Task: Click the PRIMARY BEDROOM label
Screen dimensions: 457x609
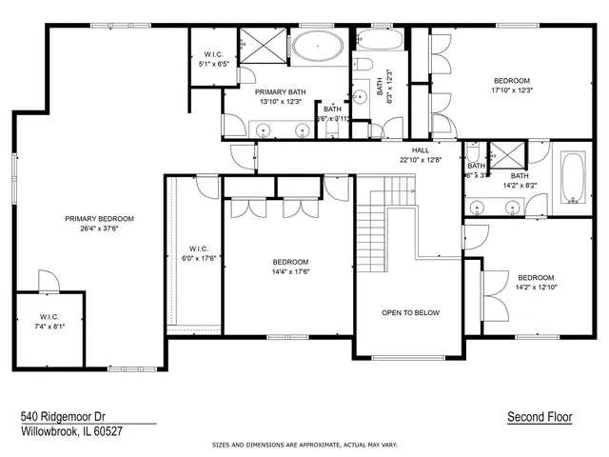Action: click(99, 218)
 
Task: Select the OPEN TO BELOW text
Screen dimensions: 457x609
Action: click(410, 312)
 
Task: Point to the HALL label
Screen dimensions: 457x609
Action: click(421, 150)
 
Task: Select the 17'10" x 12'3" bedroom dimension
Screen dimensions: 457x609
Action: click(511, 90)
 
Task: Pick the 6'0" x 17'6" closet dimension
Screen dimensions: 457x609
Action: click(199, 257)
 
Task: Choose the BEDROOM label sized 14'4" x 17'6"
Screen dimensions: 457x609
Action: click(290, 262)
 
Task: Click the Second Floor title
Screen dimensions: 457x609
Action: click(540, 417)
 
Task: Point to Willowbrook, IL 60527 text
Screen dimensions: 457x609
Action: click(72, 431)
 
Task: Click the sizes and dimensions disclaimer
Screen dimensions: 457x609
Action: click(304, 445)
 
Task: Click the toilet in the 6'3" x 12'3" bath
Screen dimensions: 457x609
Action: click(363, 65)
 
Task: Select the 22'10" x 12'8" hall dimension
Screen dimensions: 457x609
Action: click(421, 160)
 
